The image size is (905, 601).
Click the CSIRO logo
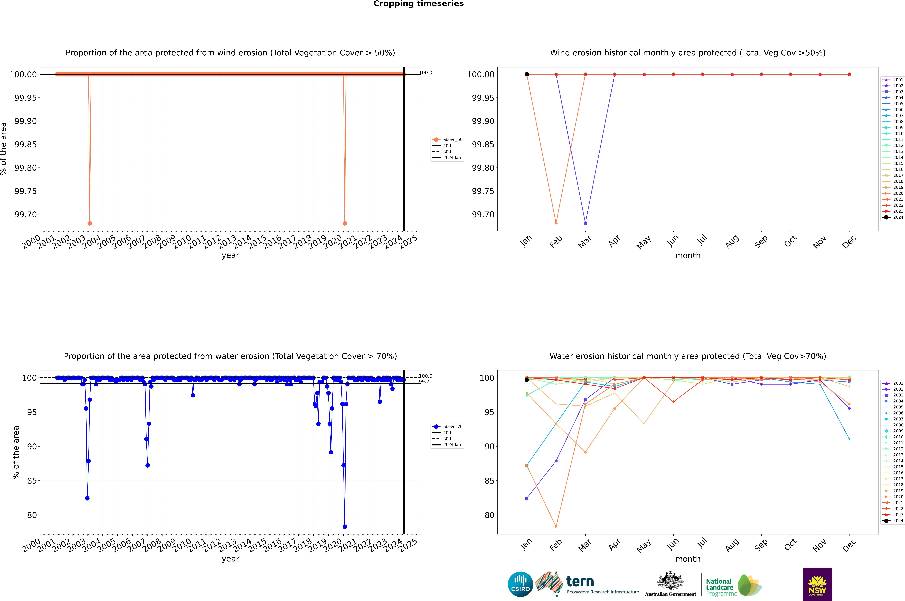520,584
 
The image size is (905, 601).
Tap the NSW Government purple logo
817,584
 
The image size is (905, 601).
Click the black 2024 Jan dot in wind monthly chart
527,74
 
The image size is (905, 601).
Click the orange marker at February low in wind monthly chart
556,223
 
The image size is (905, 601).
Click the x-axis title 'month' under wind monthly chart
688,256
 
